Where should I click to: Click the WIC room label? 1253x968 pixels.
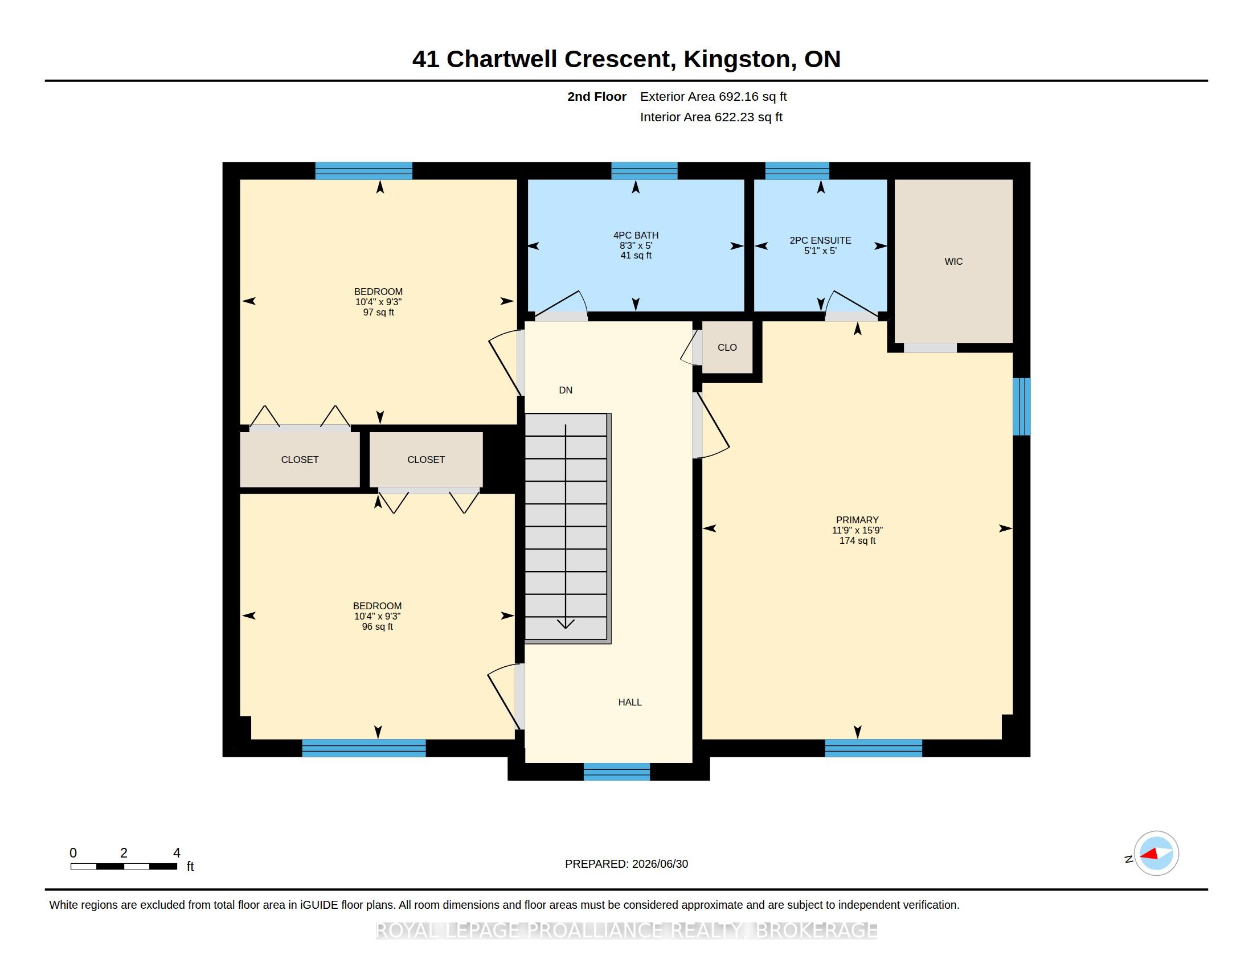[953, 261]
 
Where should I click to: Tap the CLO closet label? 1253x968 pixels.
[727, 347]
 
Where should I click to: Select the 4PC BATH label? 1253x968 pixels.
[636, 235]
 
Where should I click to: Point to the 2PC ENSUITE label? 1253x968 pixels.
[820, 240]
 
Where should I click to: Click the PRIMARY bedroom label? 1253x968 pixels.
[857, 520]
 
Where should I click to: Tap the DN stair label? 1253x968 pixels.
[566, 390]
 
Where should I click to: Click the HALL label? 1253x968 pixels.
[630, 702]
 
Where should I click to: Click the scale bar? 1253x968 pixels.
[124, 866]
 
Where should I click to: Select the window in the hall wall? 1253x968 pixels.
[617, 772]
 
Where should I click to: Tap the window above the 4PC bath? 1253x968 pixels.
[644, 171]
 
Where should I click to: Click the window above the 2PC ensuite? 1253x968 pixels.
[797, 171]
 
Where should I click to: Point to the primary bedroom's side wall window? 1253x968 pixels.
[1022, 407]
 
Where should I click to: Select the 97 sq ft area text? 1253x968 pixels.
[379, 313]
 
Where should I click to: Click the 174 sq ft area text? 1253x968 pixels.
[857, 541]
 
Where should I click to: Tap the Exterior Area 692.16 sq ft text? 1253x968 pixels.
[713, 97]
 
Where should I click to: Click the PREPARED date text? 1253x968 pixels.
[626, 864]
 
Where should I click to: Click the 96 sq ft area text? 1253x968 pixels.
[378, 627]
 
